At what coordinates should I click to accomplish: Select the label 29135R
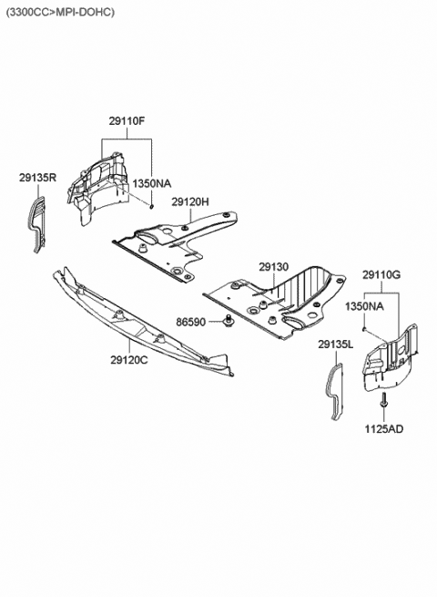[37, 178]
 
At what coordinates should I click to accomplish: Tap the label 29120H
[190, 201]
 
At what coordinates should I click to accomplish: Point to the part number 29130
[272, 267]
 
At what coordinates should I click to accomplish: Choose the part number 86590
[191, 322]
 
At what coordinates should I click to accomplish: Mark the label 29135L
[336, 345]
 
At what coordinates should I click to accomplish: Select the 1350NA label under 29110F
[151, 183]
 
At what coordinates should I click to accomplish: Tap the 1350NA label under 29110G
[361, 307]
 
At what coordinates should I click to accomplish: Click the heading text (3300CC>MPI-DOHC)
[60, 12]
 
